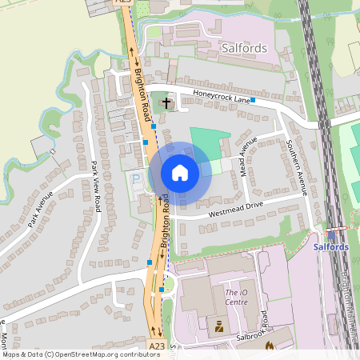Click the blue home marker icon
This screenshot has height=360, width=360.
(x=180, y=172)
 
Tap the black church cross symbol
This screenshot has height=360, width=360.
(x=166, y=102)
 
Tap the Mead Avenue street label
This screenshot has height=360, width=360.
(x=250, y=155)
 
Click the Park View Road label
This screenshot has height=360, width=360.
(x=95, y=186)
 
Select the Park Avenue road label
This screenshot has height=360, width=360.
(x=40, y=209)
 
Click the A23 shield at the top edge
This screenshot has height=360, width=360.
(x=122, y=2)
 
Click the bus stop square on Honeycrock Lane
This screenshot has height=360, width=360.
(x=253, y=100)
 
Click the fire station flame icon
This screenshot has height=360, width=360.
(x=269, y=346)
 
